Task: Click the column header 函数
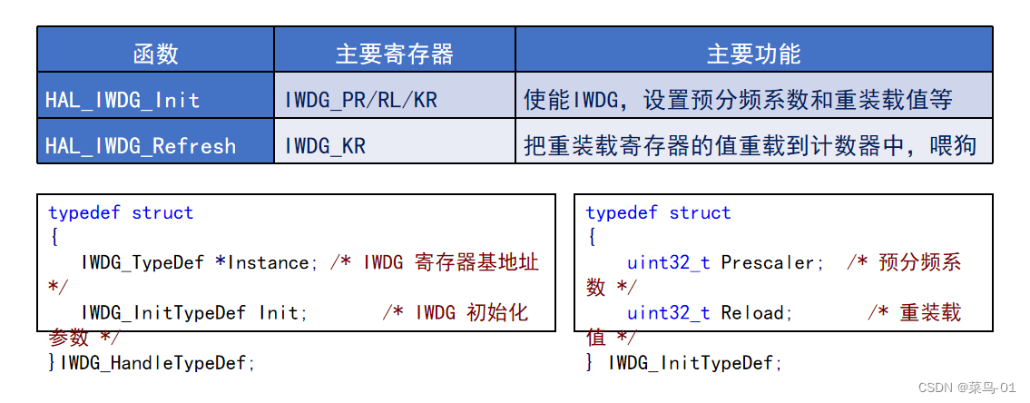coord(155,54)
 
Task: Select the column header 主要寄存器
coord(394,54)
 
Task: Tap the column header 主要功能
coord(753,54)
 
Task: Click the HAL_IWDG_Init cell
coord(123,99)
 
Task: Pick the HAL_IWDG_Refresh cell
coord(141,145)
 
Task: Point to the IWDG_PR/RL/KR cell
coord(361,99)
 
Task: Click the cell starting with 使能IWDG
coord(738,99)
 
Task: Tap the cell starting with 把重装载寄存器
coord(750,145)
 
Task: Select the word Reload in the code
coord(757,313)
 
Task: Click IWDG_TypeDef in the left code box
coord(144,263)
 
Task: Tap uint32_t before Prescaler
coord(668,263)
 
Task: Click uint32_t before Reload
coord(668,313)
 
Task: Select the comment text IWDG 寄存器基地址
coord(451,263)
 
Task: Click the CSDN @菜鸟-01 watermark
coord(967,388)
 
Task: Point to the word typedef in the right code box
coord(622,213)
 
